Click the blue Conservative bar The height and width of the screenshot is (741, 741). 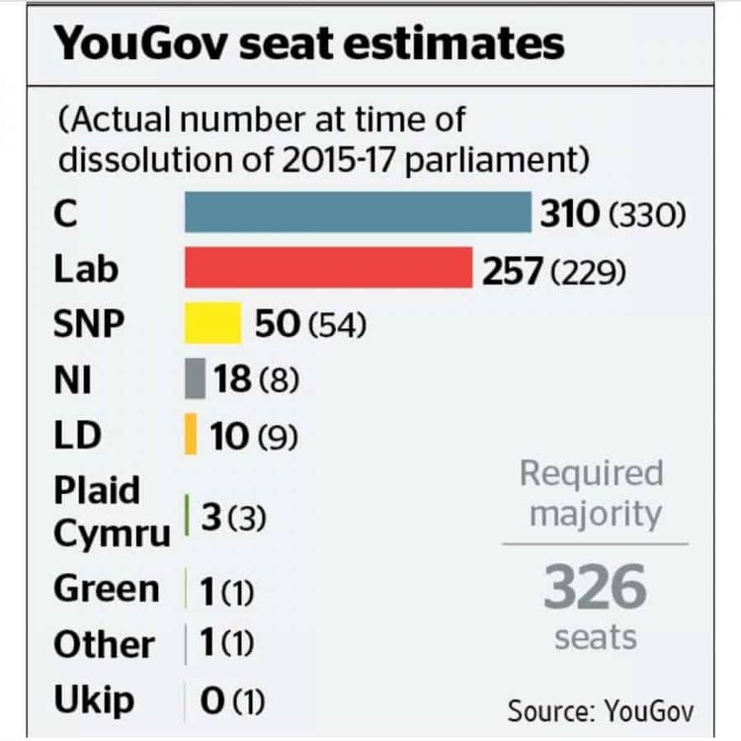click(358, 213)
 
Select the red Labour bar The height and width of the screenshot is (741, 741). click(328, 269)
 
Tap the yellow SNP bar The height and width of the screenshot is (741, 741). click(212, 323)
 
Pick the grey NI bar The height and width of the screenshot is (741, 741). click(195, 378)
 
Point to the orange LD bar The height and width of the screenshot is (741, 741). click(191, 435)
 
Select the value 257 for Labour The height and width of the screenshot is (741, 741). click(512, 270)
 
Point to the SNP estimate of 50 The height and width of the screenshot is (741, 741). click(277, 324)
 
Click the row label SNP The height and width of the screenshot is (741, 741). click(90, 324)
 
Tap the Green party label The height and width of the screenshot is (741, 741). click(106, 589)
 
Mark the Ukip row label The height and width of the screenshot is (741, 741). click(93, 700)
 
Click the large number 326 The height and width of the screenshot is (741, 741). click(595, 589)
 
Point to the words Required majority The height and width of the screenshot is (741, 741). click(595, 493)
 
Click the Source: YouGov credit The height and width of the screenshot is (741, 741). click(600, 710)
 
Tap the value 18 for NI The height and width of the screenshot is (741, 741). click(232, 379)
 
